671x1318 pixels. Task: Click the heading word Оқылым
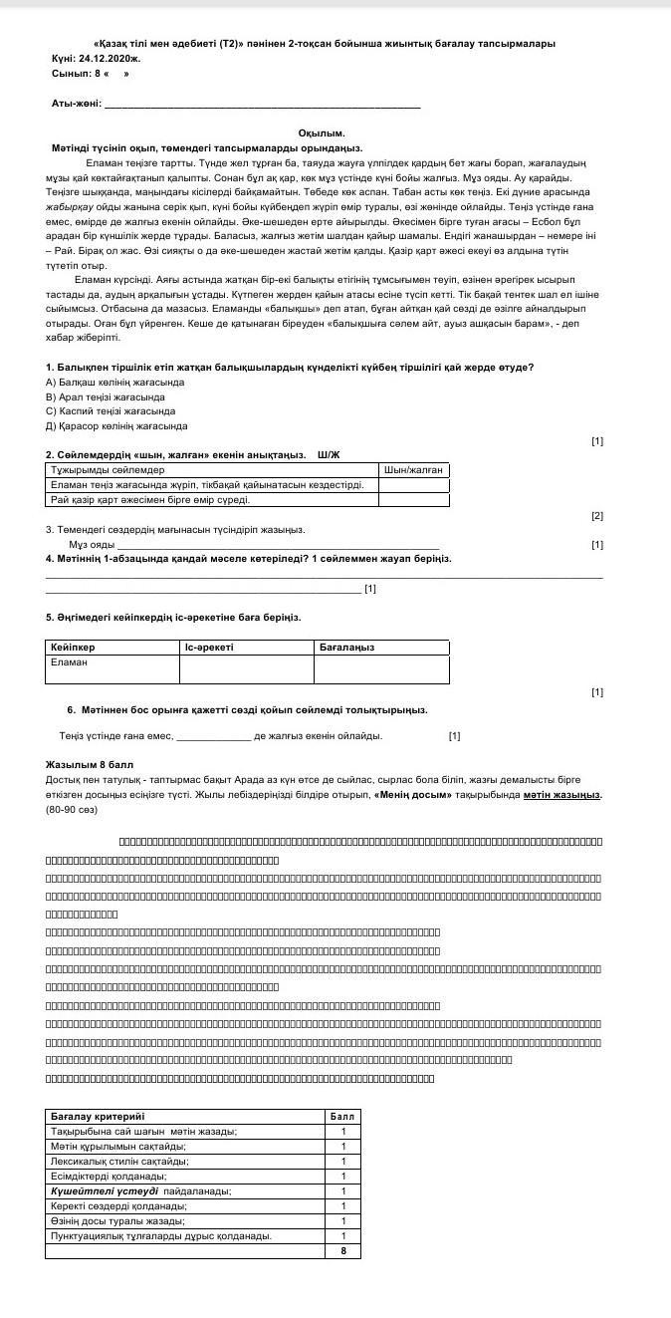coord(321,132)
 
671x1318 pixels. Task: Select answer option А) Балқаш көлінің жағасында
coord(114,382)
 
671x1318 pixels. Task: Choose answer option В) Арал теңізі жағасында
coord(105,396)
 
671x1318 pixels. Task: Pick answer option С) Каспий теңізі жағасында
coord(111,410)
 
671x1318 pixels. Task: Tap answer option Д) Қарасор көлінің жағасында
coord(116,425)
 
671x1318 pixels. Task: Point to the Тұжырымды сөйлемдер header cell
coord(108,469)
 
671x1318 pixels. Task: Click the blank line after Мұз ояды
coord(278,545)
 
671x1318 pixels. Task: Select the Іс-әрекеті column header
coord(209,647)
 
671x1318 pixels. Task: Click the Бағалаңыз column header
coord(346,647)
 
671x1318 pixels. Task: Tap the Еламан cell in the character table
coord(70,661)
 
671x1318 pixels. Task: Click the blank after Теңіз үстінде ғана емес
coord(213,736)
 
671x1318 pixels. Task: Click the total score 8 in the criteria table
coord(342,1250)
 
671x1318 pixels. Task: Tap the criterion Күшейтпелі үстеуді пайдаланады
coord(140,1190)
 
